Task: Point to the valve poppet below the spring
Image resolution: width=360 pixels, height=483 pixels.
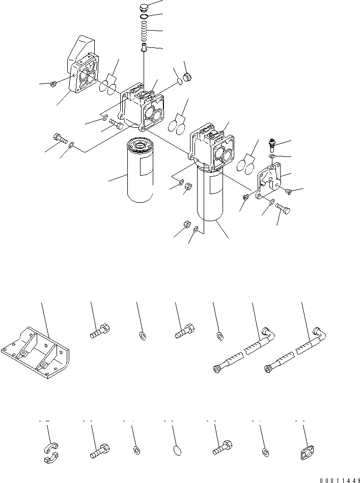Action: pyautogui.click(x=145, y=48)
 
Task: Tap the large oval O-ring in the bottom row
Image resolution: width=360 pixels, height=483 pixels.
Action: pyautogui.click(x=175, y=450)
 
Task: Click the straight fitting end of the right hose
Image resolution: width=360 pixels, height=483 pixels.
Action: pyautogui.click(x=270, y=367)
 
